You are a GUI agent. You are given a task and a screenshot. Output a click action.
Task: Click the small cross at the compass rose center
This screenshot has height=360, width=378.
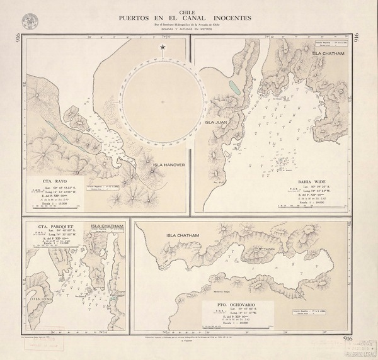point(163,102)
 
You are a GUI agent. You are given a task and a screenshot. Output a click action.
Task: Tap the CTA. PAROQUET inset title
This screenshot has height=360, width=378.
point(52,227)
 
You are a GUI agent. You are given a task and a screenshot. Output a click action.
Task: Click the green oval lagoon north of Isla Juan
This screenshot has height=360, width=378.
point(234,86)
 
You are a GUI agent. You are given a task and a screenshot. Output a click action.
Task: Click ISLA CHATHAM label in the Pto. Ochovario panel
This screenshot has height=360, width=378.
point(183,236)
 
